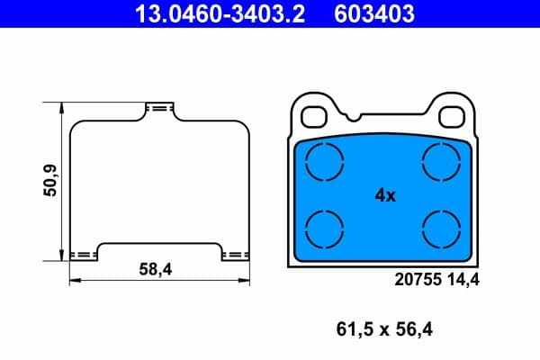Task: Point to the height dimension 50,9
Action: click(x=51, y=180)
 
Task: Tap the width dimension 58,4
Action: click(x=156, y=268)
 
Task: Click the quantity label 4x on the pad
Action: click(x=384, y=195)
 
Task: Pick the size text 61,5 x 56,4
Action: click(x=384, y=329)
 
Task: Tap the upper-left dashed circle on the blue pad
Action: click(x=324, y=162)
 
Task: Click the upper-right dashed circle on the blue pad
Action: click(x=442, y=162)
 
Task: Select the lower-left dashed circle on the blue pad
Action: click(x=324, y=227)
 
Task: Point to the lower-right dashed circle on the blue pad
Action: click(x=442, y=227)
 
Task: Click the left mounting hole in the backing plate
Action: click(x=315, y=116)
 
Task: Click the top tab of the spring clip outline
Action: click(x=158, y=108)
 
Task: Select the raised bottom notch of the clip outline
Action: click(x=158, y=245)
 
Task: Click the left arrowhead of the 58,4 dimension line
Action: click(x=73, y=280)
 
